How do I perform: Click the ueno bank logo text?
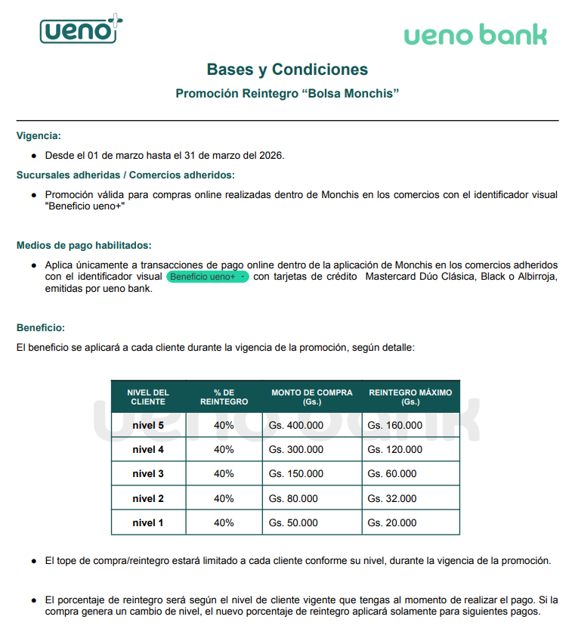[x=475, y=35]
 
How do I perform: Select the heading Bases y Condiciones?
[x=287, y=70]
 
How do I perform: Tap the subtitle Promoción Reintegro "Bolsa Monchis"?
[x=287, y=94]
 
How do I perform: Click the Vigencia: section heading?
[x=39, y=136]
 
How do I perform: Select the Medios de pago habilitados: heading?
[x=84, y=245]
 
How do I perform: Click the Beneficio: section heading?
[x=41, y=327]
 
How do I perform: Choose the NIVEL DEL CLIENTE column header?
[x=148, y=397]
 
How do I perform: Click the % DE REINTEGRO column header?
[x=224, y=397]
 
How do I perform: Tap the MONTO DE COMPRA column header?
[x=312, y=397]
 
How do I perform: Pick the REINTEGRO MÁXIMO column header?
[x=410, y=397]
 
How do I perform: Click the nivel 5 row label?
[x=148, y=425]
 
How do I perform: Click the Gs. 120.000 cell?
[x=394, y=450]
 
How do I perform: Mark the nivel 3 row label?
[x=148, y=474]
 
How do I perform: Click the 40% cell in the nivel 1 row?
[x=224, y=522]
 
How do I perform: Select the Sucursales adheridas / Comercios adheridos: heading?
[x=125, y=175]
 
